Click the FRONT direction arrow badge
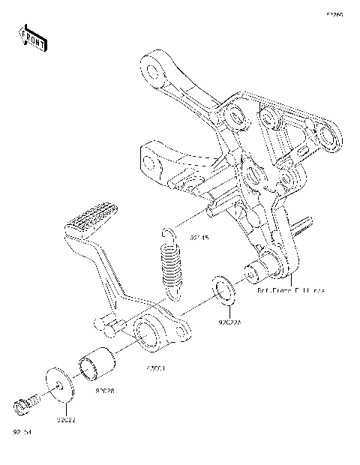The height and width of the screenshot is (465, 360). (32, 37)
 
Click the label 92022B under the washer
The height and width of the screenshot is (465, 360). (231, 323)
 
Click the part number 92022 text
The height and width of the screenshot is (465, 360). (65, 420)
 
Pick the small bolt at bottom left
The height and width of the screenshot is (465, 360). (23, 406)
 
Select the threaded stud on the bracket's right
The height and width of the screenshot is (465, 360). (304, 223)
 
